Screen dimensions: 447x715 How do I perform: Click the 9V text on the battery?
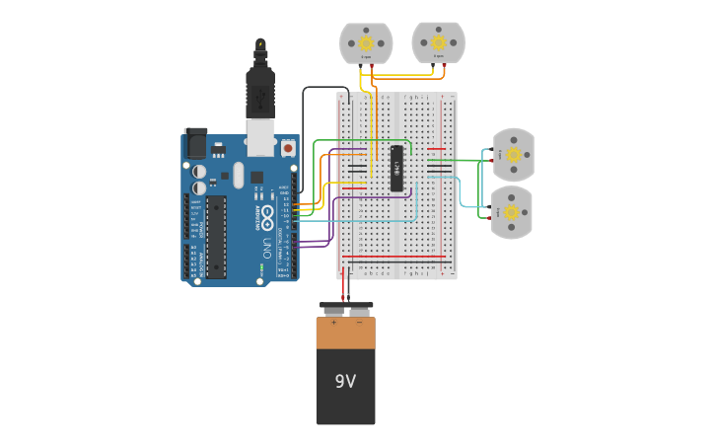pyautogui.click(x=345, y=381)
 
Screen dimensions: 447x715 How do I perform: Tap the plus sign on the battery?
pyautogui.click(x=332, y=323)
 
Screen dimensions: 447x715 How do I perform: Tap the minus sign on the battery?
pyautogui.click(x=359, y=323)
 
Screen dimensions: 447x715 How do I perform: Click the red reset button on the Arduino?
pyautogui.click(x=288, y=148)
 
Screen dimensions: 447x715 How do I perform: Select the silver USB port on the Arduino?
pyautogui.click(x=260, y=138)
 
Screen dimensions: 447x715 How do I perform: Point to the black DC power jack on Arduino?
pyautogui.click(x=196, y=144)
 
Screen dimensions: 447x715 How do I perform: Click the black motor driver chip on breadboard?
pyautogui.click(x=396, y=168)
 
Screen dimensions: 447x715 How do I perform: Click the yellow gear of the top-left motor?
pyautogui.click(x=366, y=42)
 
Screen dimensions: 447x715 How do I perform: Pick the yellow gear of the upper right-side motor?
pyautogui.click(x=513, y=155)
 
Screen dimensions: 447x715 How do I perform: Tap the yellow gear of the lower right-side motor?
pyautogui.click(x=512, y=211)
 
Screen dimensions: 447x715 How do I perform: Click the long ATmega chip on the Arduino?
pyautogui.click(x=216, y=237)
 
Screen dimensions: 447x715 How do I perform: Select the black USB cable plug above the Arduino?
pyautogui.click(x=260, y=97)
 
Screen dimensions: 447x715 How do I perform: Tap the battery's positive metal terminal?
pyautogui.click(x=332, y=312)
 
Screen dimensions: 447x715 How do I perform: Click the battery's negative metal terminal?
pyautogui.click(x=359, y=312)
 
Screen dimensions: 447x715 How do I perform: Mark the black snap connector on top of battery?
pyautogui.click(x=345, y=305)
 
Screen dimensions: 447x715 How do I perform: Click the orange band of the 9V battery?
pyautogui.click(x=345, y=334)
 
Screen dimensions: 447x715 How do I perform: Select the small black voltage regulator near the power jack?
pyautogui.click(x=218, y=151)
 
